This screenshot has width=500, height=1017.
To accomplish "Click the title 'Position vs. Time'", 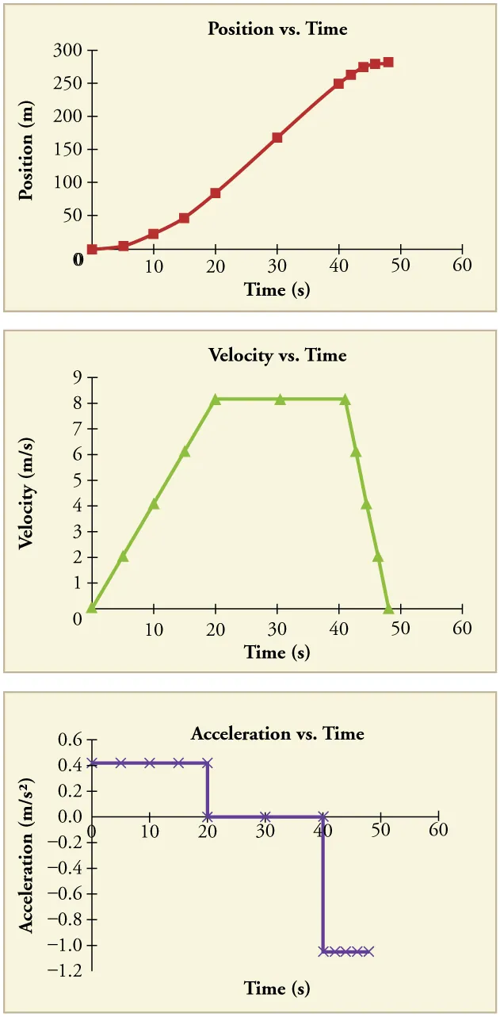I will tap(277, 29).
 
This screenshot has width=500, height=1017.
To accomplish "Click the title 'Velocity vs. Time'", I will tap(277, 354).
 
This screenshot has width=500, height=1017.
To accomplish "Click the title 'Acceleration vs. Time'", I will tap(277, 733).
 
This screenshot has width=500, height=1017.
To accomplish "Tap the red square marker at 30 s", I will tap(277, 138).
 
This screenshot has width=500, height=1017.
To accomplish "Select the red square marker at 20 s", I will tap(216, 193).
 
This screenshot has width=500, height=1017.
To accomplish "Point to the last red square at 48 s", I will tap(387, 62).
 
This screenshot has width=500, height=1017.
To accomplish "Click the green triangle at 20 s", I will tap(216, 400).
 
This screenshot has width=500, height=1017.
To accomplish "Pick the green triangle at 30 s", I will tap(280, 400).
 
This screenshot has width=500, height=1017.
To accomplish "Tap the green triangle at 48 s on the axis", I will tap(388, 608).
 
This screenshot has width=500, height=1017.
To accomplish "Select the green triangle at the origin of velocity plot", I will tap(92, 608).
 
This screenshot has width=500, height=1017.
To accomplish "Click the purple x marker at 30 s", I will tap(265, 816).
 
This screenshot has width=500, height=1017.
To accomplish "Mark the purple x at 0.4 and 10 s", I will tap(150, 763).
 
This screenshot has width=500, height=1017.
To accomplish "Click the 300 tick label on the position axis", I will tap(69, 51).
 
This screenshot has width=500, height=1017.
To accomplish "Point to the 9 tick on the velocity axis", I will tap(78, 377).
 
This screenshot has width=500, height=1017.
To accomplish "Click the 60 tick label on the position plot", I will tap(462, 265).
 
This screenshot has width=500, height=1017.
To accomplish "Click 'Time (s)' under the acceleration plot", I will tap(277, 988).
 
